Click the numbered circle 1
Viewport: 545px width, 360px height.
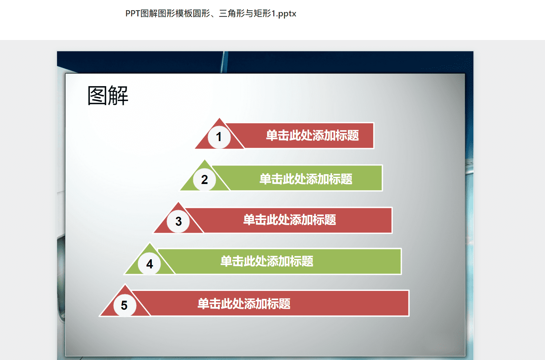coord(219,137)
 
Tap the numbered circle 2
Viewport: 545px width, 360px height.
coord(204,180)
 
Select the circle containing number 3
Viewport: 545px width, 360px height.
coord(178,221)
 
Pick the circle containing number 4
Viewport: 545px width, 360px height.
coord(149,264)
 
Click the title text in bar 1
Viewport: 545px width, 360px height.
coord(312,135)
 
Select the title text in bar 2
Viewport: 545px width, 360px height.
coord(306,179)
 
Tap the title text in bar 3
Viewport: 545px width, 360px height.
coord(290,220)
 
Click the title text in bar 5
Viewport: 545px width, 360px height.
coord(244,304)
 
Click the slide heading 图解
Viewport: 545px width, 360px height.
coord(108,96)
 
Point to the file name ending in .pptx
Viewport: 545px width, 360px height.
coord(211,13)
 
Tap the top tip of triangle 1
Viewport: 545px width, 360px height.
coord(219,119)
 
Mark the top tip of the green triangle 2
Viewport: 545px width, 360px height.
coord(205,160)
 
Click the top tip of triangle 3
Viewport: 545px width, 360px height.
coord(178,202)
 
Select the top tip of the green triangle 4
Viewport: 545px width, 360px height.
coord(150,243)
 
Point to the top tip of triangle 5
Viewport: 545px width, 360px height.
coord(125,284)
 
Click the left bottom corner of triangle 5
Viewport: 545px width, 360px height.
coord(100,316)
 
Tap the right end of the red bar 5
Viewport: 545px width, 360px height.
coord(409,303)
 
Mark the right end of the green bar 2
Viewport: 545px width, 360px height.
coord(382,178)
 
